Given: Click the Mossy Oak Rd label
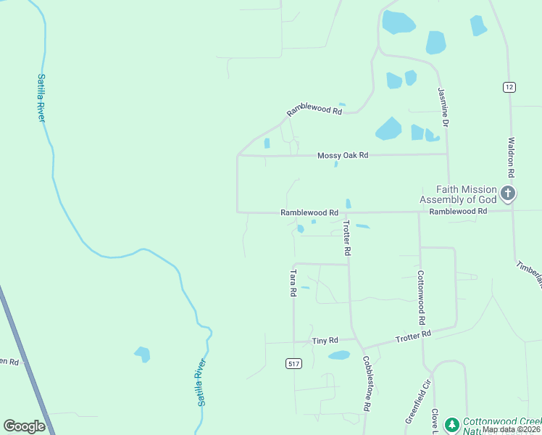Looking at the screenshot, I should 343,155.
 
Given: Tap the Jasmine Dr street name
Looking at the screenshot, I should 443,109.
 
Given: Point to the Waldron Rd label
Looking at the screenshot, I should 512,158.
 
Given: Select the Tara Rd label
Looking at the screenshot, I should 293,283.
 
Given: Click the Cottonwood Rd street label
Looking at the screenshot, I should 420,297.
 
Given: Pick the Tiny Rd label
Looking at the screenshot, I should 325,340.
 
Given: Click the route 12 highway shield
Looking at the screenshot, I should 509,86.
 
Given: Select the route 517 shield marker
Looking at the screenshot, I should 293,364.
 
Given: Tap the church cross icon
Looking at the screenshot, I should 508,193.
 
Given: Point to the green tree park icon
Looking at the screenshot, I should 451,424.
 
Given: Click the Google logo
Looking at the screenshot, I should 25,426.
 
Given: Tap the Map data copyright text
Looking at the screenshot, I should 511,429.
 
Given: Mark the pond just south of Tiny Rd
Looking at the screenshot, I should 339,355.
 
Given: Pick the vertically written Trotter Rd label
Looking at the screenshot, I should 347,238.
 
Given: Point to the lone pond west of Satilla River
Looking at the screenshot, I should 142,354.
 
